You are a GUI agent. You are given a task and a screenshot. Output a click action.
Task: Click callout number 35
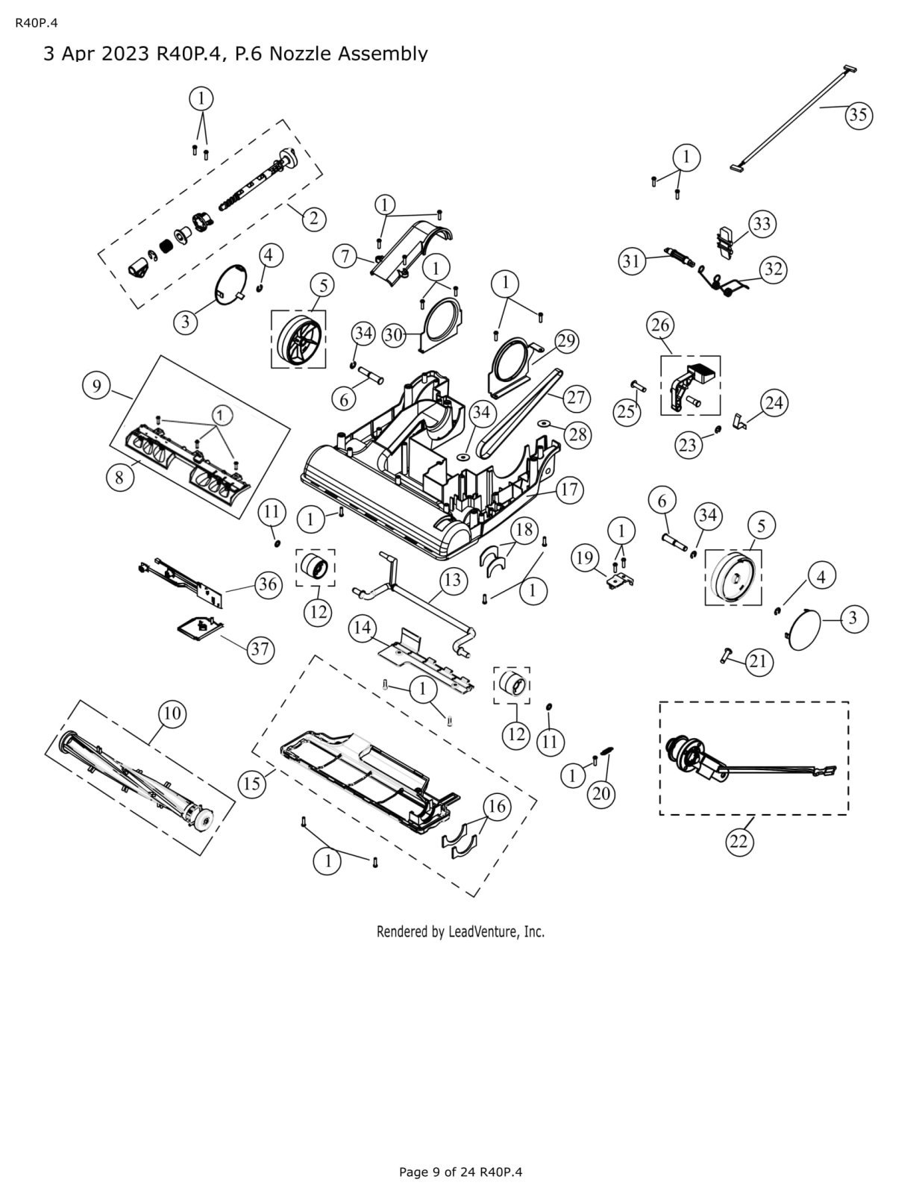tap(859, 115)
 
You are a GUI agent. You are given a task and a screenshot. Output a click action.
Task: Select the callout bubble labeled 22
tap(738, 841)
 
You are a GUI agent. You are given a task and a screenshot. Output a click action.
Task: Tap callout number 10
tap(172, 713)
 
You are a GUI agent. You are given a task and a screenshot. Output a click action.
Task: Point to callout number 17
tap(568, 490)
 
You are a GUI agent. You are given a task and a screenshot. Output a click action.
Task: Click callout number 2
tap(314, 218)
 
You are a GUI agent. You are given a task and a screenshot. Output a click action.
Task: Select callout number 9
tap(96, 386)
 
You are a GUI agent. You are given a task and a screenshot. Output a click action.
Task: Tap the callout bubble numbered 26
tap(661, 325)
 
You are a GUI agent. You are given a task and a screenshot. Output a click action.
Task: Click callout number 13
tap(454, 580)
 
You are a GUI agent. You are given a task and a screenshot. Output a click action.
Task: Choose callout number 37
tap(259, 649)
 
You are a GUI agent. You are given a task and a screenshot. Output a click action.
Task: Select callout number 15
tap(251, 784)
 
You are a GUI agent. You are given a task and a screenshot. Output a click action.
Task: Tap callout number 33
tap(762, 224)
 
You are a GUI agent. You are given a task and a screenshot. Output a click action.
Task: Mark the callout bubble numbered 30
tap(394, 336)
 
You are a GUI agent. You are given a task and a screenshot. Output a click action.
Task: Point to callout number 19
tap(586, 557)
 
